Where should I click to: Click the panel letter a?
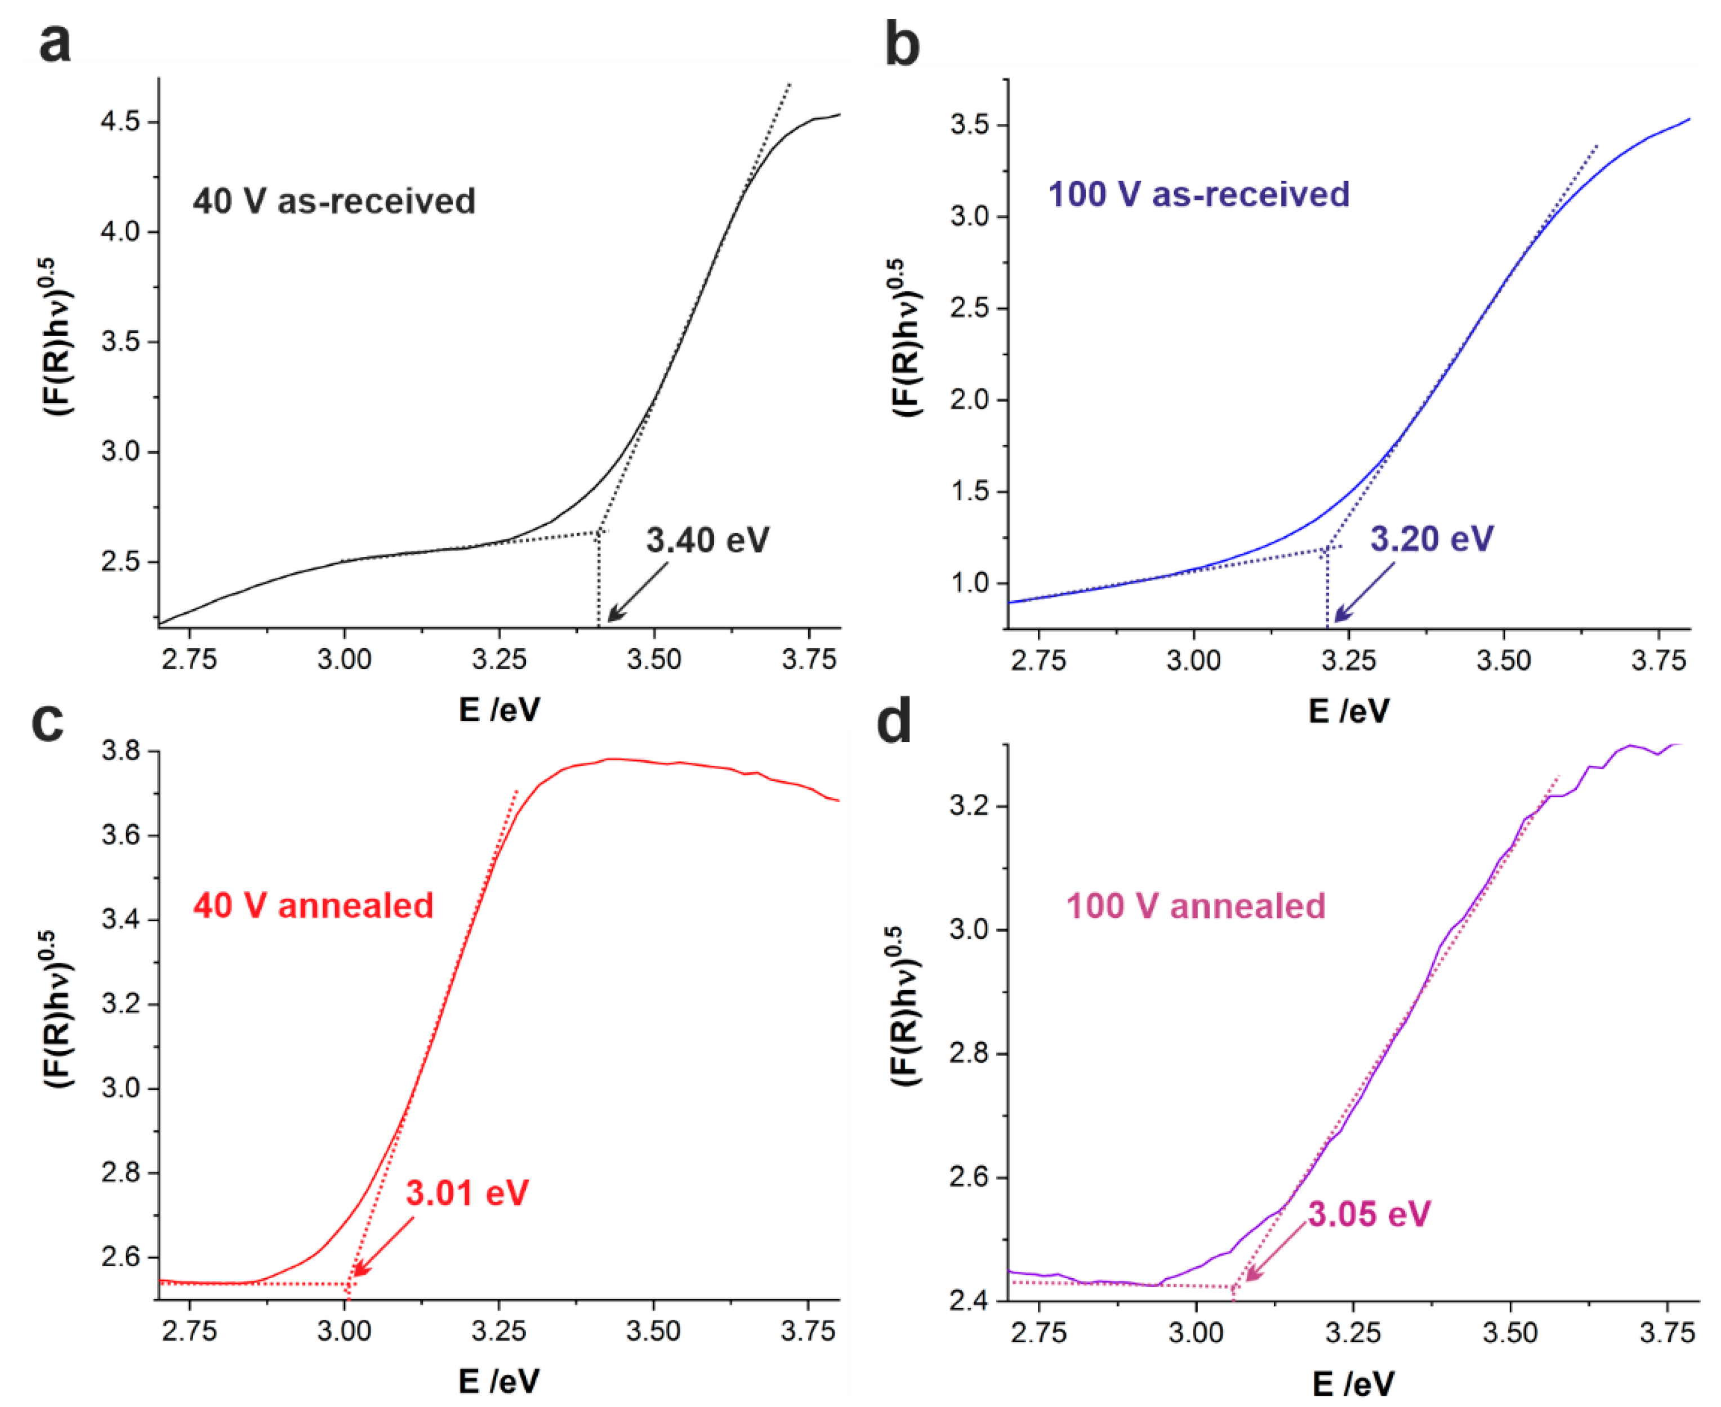coord(55,43)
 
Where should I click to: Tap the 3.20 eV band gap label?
coord(1431,538)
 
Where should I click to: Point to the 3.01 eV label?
coord(467,1193)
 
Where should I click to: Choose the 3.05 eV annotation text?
coord(1368,1213)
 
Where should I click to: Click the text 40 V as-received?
coord(334,201)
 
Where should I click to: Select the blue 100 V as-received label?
coord(1198,194)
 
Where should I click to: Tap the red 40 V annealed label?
coord(313,905)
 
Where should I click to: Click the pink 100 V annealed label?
coord(1195,905)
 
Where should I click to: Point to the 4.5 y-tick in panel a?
coord(120,122)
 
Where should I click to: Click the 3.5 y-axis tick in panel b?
coord(970,126)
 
